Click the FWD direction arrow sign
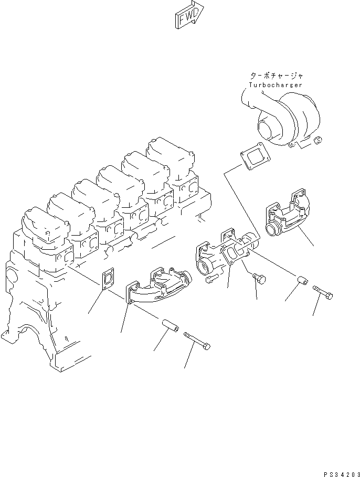coord(187,15)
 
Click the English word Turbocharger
coord(275,84)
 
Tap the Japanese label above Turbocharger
coord(276,76)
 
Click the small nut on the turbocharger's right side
coord(319,139)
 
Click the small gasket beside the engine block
coord(109,279)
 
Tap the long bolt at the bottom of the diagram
coord(197,341)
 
